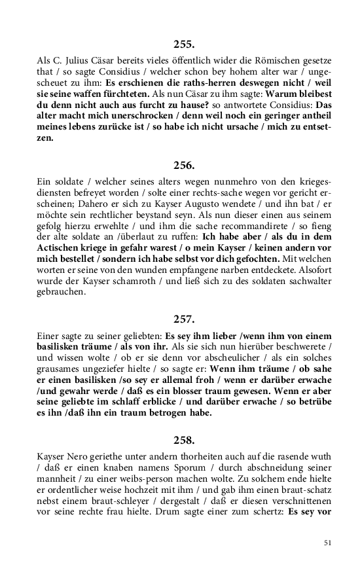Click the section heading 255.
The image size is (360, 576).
click(x=184, y=45)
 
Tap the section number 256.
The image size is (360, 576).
click(x=184, y=165)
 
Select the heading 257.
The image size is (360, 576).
click(x=184, y=319)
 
